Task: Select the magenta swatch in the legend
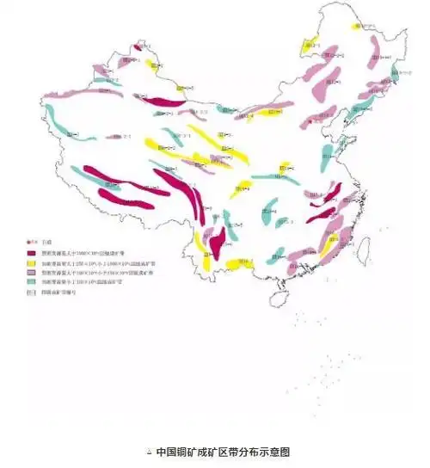click(x=31, y=253)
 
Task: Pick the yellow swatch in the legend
click(x=31, y=263)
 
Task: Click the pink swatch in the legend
click(x=31, y=273)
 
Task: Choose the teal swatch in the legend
click(x=31, y=282)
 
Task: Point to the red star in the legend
click(x=31, y=244)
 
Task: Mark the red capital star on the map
click(x=310, y=124)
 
